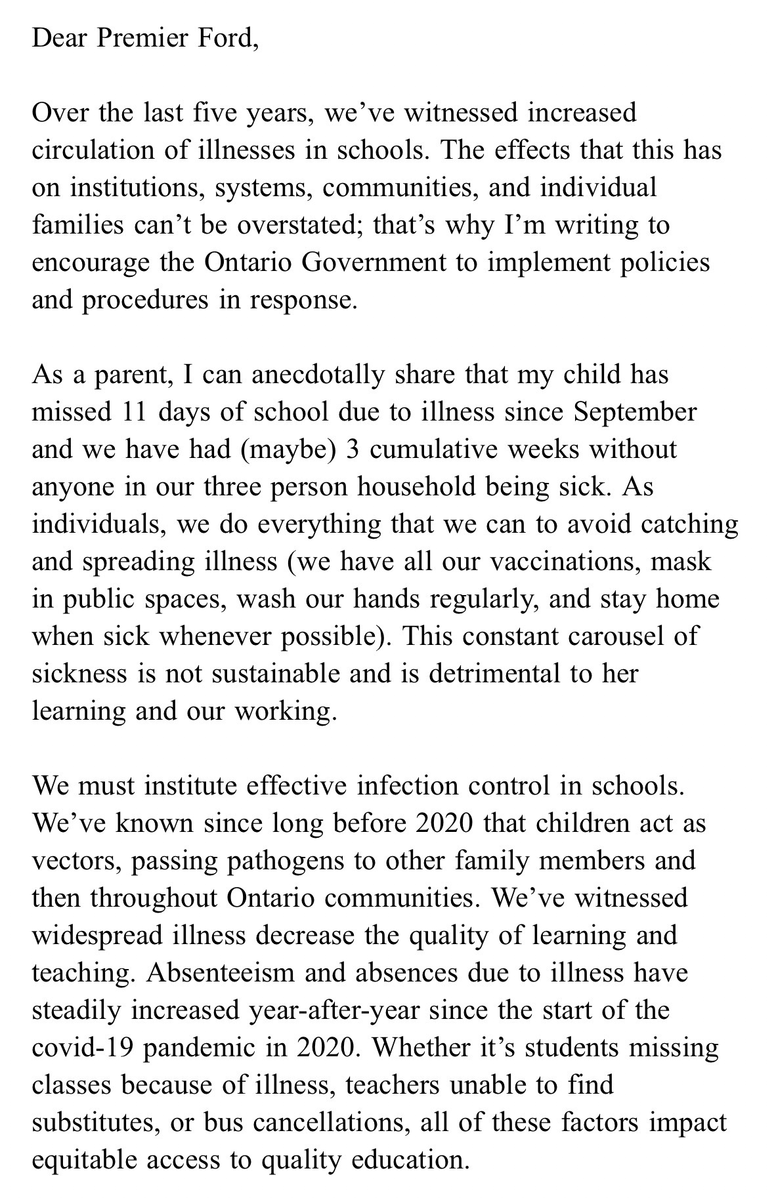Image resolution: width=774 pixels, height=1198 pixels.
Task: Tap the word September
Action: pyautogui.click(x=635, y=412)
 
